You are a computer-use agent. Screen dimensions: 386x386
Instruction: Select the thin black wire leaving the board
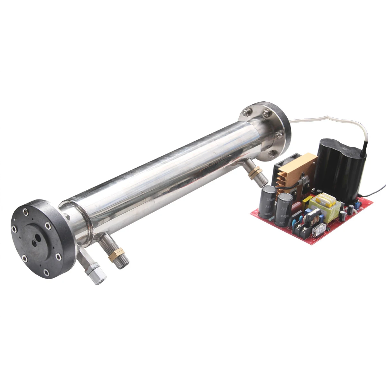[x=376, y=192]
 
